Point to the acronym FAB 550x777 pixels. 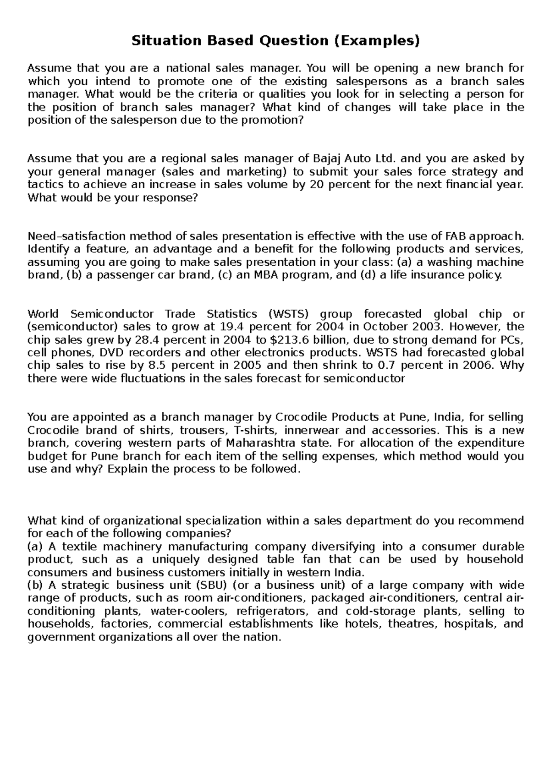pos(455,236)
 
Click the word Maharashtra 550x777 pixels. pos(258,443)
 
